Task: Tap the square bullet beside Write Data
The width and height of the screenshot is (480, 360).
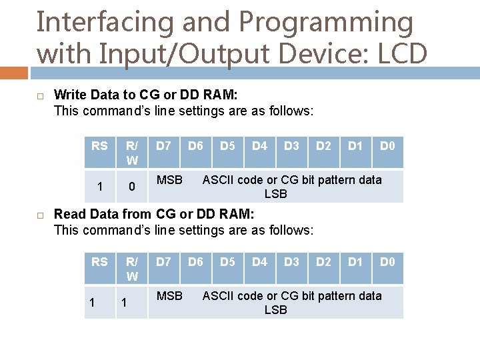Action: [40, 97]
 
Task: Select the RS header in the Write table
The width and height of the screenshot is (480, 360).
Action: [99, 146]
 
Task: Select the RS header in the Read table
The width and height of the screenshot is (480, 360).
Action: [99, 262]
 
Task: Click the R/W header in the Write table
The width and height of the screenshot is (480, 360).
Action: [132, 153]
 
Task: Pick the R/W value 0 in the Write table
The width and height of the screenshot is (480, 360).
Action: [132, 187]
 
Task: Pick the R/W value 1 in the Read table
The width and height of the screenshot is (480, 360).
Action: [124, 303]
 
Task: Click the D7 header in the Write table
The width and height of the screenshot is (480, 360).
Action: [163, 146]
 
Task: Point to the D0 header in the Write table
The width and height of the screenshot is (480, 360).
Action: [387, 146]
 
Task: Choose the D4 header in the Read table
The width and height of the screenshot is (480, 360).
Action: [259, 262]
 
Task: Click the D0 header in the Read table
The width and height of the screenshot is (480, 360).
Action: [387, 262]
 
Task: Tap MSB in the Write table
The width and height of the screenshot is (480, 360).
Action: [169, 179]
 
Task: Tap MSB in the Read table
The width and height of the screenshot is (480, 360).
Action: [169, 295]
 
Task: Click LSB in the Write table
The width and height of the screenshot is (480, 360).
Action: [275, 194]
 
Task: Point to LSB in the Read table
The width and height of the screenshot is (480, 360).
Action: [275, 310]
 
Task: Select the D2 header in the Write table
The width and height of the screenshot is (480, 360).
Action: [323, 146]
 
